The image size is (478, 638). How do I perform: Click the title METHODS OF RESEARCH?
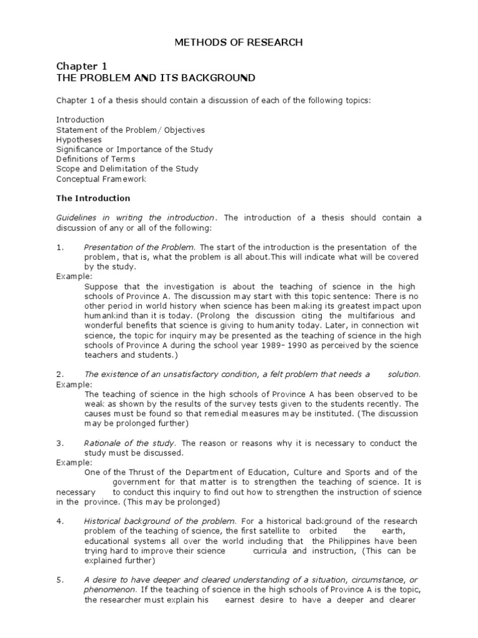(x=238, y=42)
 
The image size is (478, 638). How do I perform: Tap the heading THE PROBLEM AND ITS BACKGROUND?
(x=156, y=78)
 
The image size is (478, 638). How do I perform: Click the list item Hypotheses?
(x=79, y=140)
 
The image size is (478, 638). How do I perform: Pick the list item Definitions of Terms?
(x=95, y=159)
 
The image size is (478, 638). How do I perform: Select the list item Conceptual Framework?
(x=101, y=179)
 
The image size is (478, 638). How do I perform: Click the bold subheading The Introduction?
(x=93, y=198)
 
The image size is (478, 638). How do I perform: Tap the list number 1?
(x=60, y=247)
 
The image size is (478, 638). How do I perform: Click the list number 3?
(x=60, y=443)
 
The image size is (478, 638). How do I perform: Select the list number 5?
(x=60, y=579)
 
